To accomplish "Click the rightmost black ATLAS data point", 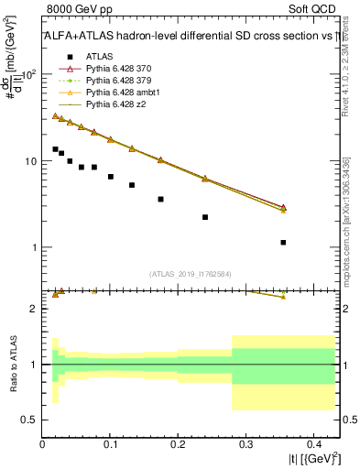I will [283, 243].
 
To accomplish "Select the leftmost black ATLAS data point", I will [55, 148].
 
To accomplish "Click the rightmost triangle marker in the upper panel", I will [283, 209].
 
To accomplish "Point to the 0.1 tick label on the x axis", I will [110, 443].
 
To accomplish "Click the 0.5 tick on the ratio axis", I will [33, 420].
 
